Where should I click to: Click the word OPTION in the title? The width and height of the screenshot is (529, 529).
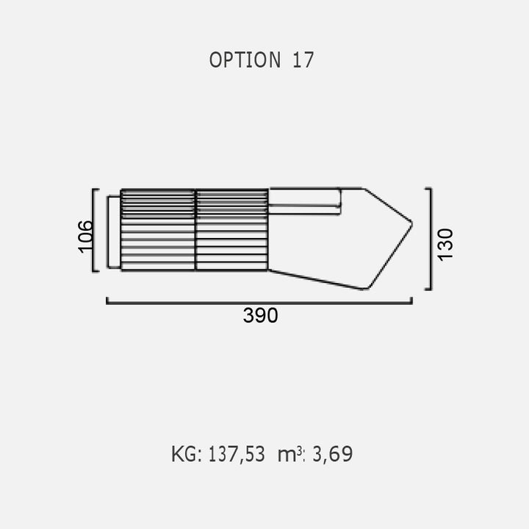pyautogui.click(x=245, y=60)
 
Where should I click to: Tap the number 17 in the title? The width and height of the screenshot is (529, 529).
pyautogui.click(x=303, y=60)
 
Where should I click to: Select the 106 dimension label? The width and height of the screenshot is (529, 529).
pyautogui.click(x=85, y=236)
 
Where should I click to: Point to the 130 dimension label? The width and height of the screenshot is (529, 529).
pyautogui.click(x=445, y=244)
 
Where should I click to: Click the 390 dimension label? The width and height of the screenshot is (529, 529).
pyautogui.click(x=260, y=316)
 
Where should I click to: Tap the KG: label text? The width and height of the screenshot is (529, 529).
pyautogui.click(x=187, y=454)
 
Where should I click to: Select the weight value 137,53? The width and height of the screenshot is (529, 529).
pyautogui.click(x=237, y=454)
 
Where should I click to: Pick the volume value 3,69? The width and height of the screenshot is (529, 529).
pyautogui.click(x=333, y=454)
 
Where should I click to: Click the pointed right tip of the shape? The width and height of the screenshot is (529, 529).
pyautogui.click(x=411, y=223)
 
